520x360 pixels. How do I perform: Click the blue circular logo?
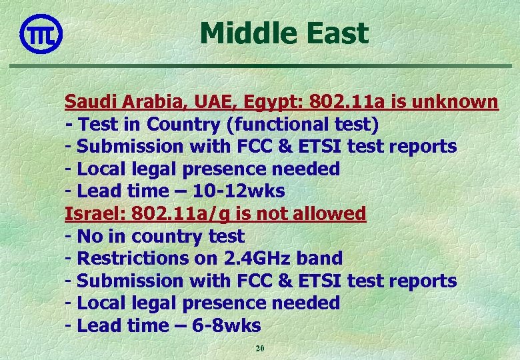pyautogui.click(x=41, y=33)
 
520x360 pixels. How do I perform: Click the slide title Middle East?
pyautogui.click(x=283, y=33)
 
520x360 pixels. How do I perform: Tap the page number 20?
pyautogui.click(x=260, y=349)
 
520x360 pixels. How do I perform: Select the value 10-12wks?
pyautogui.click(x=239, y=191)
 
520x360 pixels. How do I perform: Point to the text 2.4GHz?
pyautogui.click(x=255, y=259)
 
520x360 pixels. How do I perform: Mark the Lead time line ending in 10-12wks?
pyautogui.click(x=175, y=191)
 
